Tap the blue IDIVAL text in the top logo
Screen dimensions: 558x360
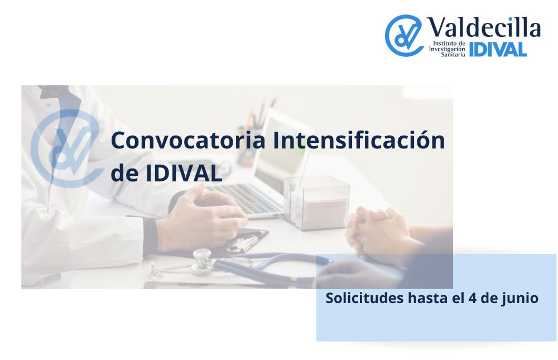coord(498,50)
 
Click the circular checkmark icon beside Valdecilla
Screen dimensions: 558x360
coord(403,36)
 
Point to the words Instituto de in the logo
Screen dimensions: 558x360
coord(449,44)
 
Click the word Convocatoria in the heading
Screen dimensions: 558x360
coord(188,140)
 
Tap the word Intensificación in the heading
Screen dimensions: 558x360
coord(359,140)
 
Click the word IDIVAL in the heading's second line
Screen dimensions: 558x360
coord(184,174)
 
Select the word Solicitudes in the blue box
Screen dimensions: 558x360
coord(364,298)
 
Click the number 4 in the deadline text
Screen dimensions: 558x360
coord(473,299)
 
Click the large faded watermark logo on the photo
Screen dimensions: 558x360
coord(66,148)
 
